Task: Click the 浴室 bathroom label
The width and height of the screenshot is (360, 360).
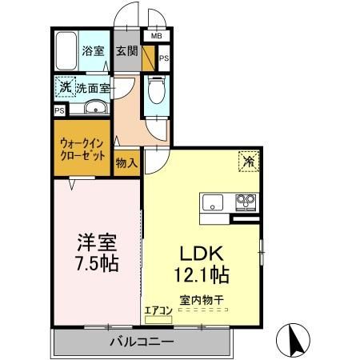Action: pos(93,51)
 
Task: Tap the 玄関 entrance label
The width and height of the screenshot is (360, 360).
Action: pos(126,51)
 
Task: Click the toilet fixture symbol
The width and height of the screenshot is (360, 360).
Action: pos(157,87)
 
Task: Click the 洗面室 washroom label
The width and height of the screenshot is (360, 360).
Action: pos(94,87)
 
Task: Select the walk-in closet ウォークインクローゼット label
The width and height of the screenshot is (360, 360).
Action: pos(82,150)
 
